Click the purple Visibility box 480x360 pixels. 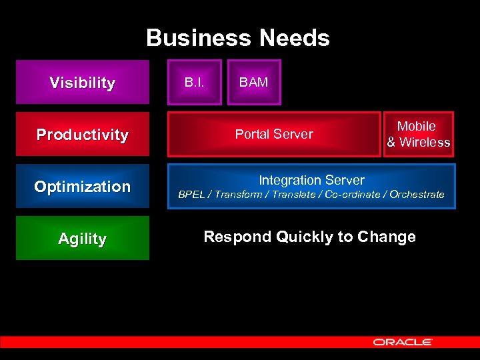[x=82, y=83]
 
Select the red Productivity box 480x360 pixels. [x=82, y=135]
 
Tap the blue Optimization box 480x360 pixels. [x=82, y=187]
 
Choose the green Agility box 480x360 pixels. [x=82, y=238]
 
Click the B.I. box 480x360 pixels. [x=194, y=83]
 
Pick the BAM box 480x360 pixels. [x=254, y=83]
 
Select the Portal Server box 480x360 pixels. [x=274, y=134]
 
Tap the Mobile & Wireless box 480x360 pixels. [x=418, y=134]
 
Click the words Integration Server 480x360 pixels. [x=311, y=180]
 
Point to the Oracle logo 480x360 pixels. [x=403, y=342]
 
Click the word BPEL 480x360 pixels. [x=192, y=195]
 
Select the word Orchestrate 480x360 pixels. [x=417, y=195]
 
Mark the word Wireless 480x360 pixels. [x=425, y=142]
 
